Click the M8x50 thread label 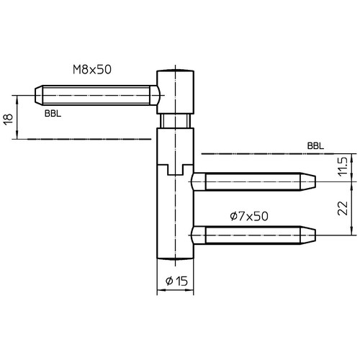(92, 70)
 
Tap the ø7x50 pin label (249, 216)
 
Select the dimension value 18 (8, 120)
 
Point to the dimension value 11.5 (342, 166)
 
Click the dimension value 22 (342, 208)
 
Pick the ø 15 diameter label (176, 281)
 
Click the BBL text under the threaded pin (53, 114)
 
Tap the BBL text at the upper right (315, 145)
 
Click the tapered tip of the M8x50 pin (39, 95)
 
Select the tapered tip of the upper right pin (307, 181)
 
